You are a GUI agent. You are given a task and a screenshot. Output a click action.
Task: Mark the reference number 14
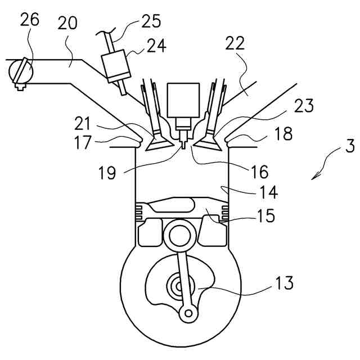269,192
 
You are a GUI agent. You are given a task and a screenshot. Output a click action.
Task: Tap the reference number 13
284,282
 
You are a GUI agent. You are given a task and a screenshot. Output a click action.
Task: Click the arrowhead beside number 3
316,175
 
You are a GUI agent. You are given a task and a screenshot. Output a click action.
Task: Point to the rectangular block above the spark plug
183,100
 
